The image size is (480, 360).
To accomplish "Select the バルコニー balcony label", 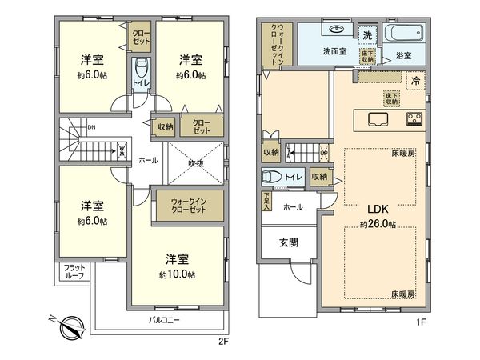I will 164,320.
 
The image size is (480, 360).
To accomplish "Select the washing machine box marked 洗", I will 367,36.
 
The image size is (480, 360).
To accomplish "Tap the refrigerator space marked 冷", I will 415,80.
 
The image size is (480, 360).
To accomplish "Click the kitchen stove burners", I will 415,119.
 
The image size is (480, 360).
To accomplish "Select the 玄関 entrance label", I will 289,242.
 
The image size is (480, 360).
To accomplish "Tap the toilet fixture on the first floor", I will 270,177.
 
